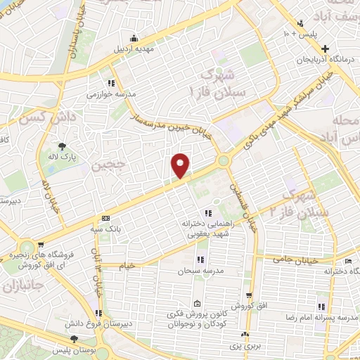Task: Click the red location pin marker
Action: [181, 165]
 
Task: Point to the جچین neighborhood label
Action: [108, 167]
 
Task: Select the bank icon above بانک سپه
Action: [105, 218]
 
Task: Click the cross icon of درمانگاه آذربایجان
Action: [324, 49]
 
